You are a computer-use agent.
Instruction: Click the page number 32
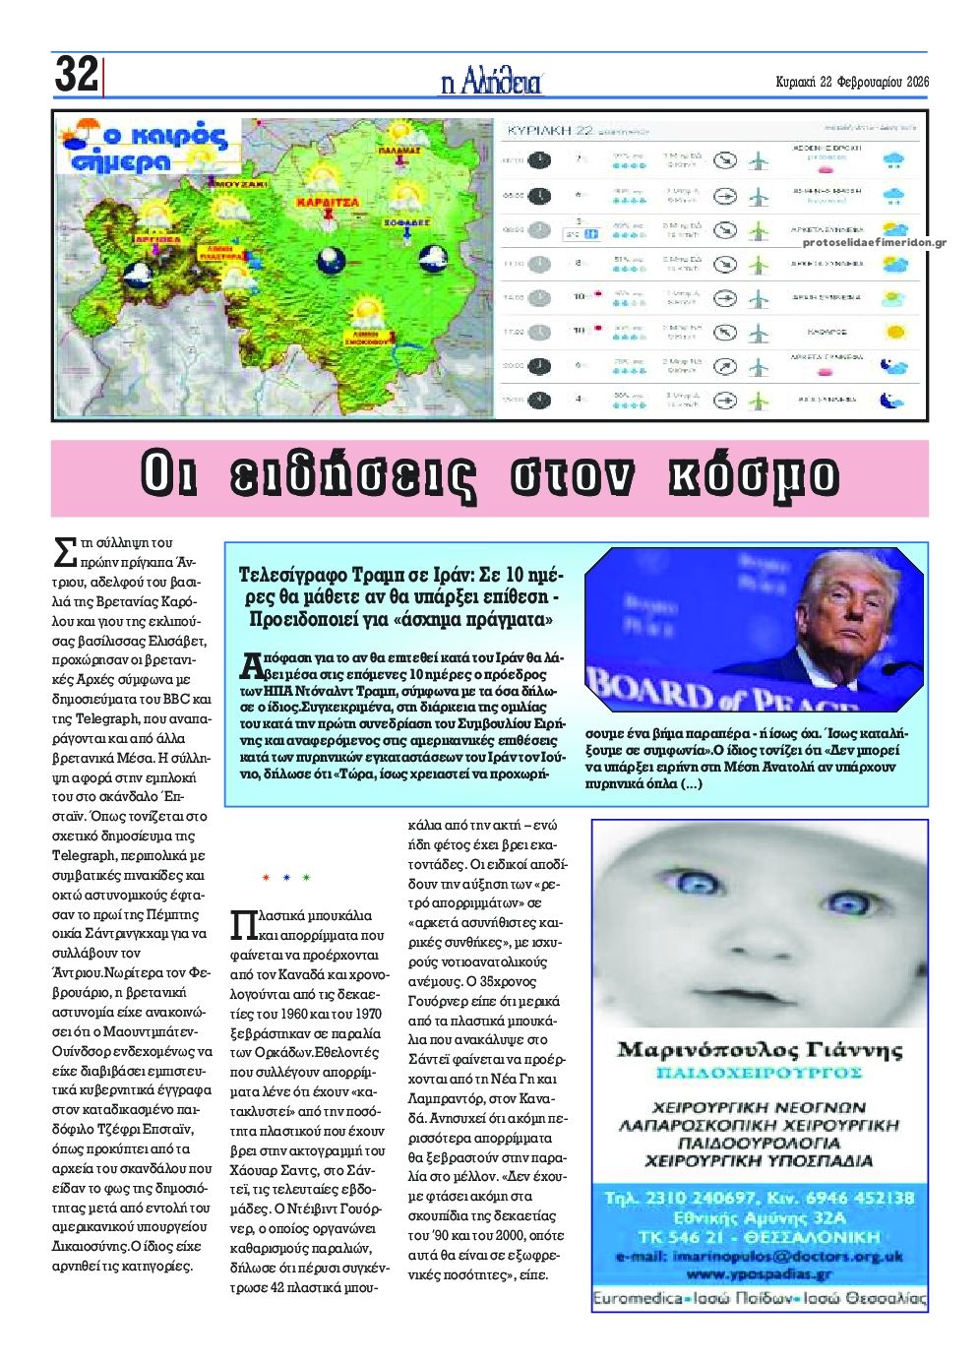[76, 74]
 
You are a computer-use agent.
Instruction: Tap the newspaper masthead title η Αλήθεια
[491, 82]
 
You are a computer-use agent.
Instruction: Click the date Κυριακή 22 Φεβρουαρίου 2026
[851, 82]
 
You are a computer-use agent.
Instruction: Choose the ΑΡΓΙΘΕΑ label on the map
[158, 239]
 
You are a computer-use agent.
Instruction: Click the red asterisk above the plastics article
[265, 876]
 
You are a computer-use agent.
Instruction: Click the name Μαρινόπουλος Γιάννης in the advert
[759, 1049]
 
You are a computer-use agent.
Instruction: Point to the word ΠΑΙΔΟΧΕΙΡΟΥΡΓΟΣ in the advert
[759, 1072]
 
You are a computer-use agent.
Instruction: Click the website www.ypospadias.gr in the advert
[759, 1274]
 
